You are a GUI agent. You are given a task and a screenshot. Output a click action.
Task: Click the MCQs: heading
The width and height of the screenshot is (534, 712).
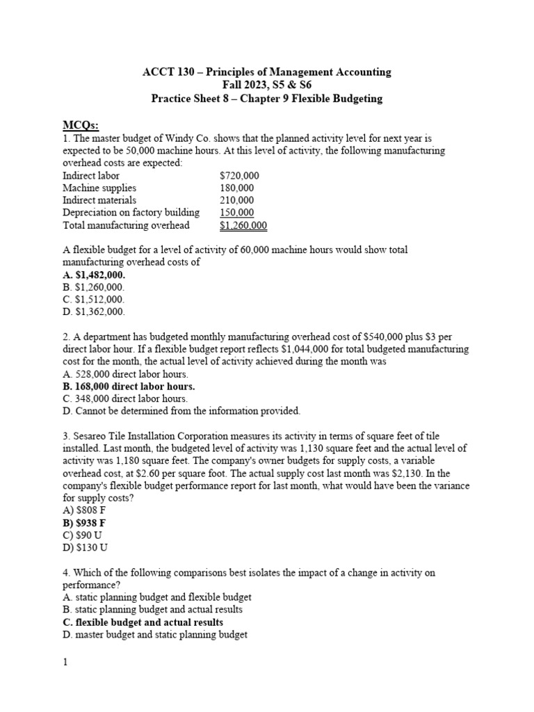point(81,125)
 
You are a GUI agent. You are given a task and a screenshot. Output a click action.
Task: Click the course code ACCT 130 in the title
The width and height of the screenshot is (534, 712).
point(165,72)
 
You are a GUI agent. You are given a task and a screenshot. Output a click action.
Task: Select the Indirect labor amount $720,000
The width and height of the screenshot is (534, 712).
point(239,176)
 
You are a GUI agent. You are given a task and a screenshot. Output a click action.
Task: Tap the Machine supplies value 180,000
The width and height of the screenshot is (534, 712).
point(237,188)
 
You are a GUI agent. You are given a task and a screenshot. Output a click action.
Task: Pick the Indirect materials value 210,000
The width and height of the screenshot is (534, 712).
point(237,200)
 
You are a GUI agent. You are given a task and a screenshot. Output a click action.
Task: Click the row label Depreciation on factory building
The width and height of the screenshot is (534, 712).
point(131,213)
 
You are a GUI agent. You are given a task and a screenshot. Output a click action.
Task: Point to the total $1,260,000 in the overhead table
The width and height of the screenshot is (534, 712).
point(243,225)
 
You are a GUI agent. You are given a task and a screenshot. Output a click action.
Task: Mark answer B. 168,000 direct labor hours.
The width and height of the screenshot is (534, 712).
point(129,386)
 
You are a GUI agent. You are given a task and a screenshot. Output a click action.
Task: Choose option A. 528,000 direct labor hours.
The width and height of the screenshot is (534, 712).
point(125,374)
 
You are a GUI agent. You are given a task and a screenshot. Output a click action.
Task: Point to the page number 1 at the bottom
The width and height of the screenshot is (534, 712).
point(65,663)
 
